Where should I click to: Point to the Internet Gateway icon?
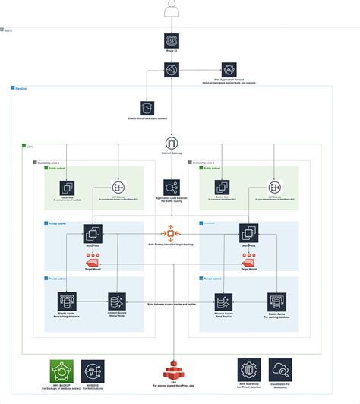point(172,144)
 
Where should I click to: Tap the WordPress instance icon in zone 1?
point(95,232)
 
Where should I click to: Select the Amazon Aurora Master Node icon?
point(118,301)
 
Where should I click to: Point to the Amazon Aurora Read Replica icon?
point(225,301)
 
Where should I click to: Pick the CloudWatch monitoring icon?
point(279,371)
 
